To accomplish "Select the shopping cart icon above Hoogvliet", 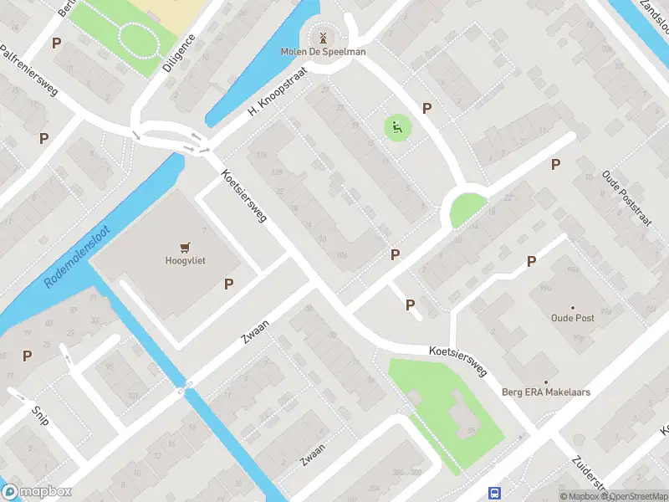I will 185,246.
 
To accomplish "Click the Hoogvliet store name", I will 185,260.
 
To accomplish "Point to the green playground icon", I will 397,127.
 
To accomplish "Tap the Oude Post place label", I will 572,318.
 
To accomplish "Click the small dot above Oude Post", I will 573,307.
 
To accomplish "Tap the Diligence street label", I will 179,54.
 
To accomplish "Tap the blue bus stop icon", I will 495,493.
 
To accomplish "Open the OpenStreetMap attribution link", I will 636,496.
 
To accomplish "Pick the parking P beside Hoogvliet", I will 228,284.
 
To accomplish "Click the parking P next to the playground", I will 427,108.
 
